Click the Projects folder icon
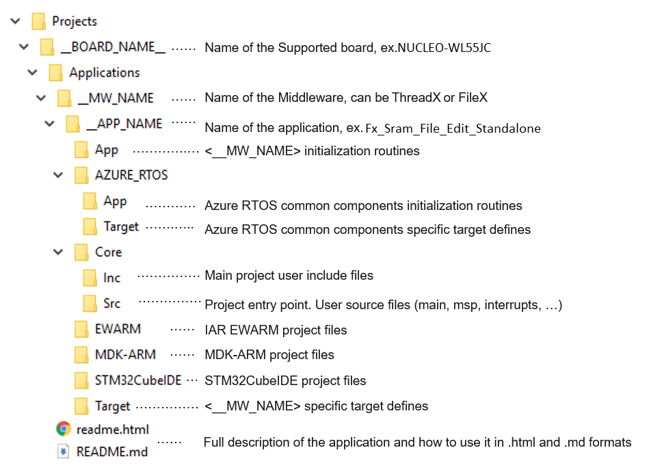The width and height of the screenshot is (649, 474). (x=39, y=21)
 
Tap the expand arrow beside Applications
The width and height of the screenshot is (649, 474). (x=31, y=73)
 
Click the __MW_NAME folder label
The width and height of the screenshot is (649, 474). (x=116, y=98)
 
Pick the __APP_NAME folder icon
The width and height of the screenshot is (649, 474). (x=72, y=124)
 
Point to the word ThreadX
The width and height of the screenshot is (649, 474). (x=416, y=98)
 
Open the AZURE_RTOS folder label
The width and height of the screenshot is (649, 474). (x=131, y=174)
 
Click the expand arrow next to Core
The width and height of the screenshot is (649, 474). (x=57, y=252)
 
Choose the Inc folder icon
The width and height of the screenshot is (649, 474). (x=90, y=278)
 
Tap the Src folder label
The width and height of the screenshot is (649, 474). (x=111, y=303)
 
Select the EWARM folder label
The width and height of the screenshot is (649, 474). (x=118, y=328)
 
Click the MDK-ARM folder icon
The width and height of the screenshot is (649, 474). (x=81, y=355)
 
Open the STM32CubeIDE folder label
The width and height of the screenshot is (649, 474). (x=138, y=380)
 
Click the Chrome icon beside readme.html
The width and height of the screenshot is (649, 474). (x=64, y=429)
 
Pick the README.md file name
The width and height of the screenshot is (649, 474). (x=112, y=451)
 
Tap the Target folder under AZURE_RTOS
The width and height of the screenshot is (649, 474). (x=121, y=226)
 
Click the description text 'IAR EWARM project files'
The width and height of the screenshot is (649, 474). (x=276, y=330)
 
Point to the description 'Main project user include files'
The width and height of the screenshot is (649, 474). (x=289, y=275)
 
